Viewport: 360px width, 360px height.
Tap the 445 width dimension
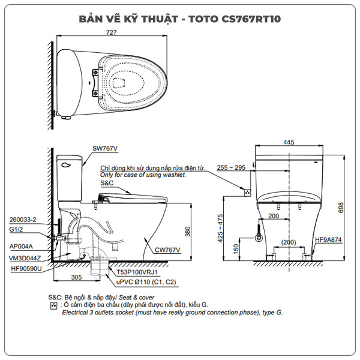coord(289,142)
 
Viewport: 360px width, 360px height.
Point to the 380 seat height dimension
coord(188,231)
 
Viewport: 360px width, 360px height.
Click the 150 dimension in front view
coord(236,248)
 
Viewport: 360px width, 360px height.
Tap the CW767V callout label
coord(167,249)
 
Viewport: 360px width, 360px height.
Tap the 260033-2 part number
coord(24,220)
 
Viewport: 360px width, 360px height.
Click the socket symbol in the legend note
coord(55,305)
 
